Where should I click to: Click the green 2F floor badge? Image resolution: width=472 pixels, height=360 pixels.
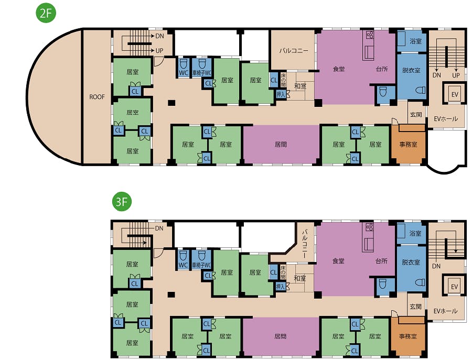click(46, 13)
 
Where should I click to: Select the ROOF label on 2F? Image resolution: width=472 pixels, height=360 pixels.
click(97, 97)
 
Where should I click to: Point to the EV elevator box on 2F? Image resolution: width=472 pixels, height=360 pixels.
click(455, 94)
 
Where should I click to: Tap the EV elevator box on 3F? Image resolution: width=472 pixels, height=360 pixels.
click(454, 287)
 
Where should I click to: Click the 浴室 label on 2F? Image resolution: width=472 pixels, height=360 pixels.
click(416, 41)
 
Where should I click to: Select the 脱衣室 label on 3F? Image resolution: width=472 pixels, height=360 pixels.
click(411, 262)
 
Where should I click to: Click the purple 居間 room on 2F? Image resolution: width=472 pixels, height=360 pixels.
click(281, 145)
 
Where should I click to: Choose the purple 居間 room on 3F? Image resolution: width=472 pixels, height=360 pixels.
click(281, 336)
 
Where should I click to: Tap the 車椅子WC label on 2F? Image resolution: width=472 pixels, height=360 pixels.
click(202, 73)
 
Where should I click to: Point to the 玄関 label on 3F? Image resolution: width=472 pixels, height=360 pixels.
click(415, 307)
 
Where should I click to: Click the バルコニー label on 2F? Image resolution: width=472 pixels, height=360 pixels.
click(294, 50)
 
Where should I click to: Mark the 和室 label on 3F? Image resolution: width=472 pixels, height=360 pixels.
click(300, 278)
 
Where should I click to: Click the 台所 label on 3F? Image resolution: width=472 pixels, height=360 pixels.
click(381, 261)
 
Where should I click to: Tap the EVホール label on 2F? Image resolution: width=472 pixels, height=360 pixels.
click(446, 119)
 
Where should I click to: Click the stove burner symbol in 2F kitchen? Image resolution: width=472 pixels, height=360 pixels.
click(370, 35)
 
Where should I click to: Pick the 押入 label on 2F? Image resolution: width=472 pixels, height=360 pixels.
click(281, 94)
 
